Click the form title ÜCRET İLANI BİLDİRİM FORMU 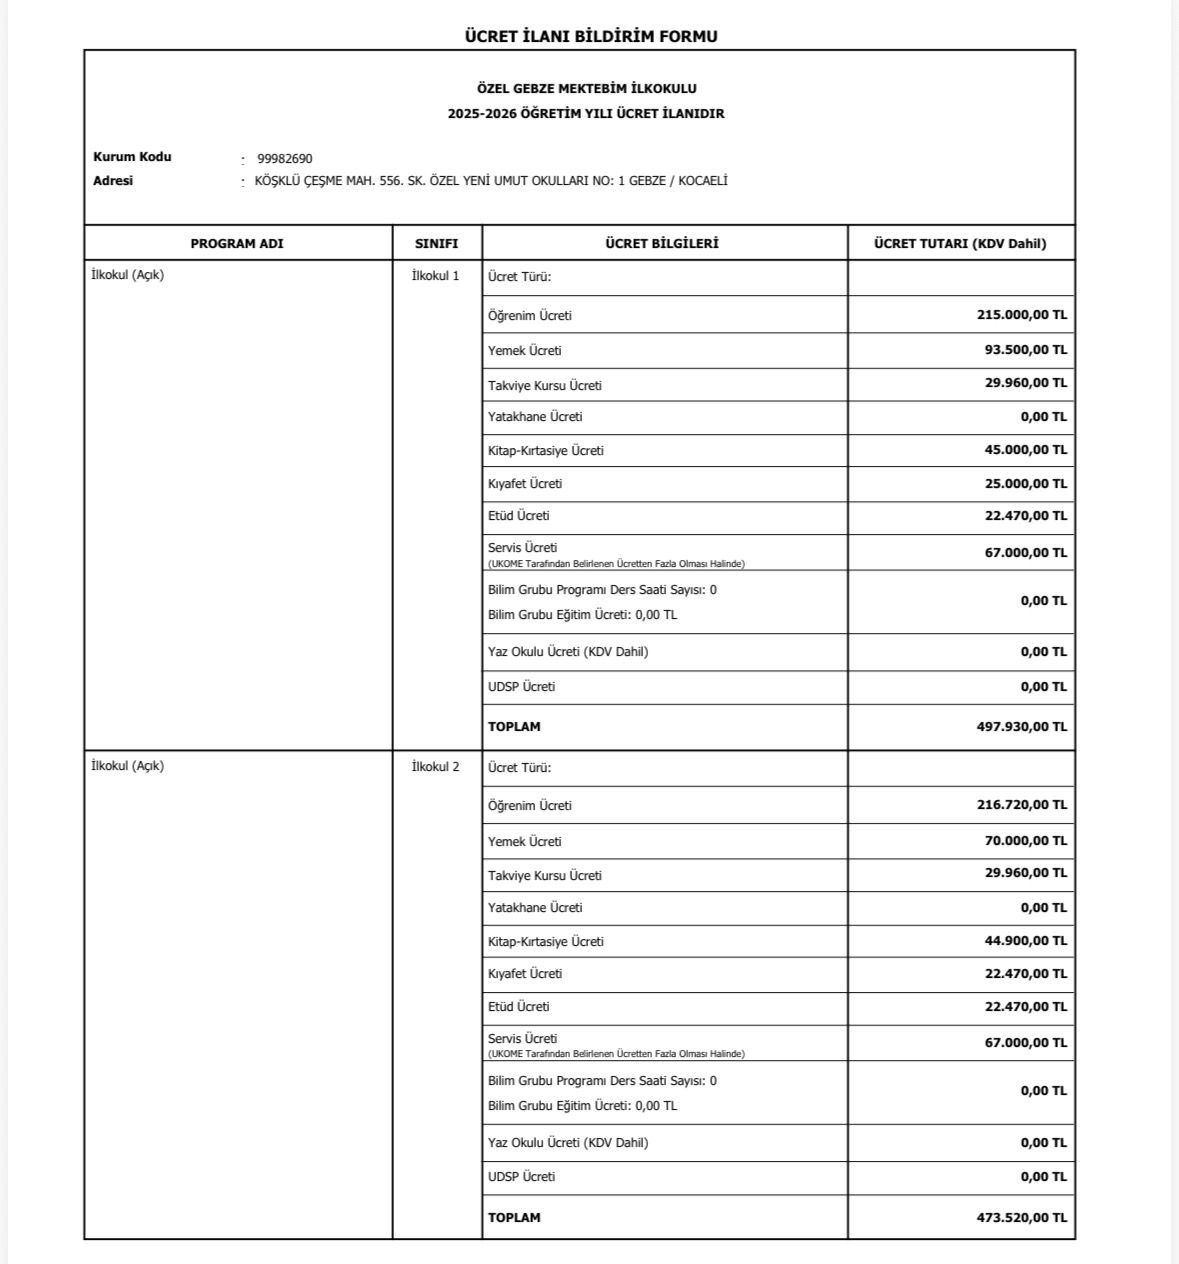(x=591, y=37)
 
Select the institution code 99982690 (x=285, y=159)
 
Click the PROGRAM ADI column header (x=237, y=244)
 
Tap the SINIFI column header (x=437, y=244)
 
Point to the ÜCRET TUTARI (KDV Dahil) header (x=960, y=244)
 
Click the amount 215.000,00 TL (x=1021, y=315)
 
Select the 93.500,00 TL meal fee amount (x=1025, y=350)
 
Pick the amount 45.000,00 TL (x=1025, y=450)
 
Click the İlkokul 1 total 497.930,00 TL (x=1021, y=727)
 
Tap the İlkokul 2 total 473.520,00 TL (x=1021, y=1218)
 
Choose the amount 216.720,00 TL (x=1021, y=805)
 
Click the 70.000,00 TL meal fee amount (x=1025, y=841)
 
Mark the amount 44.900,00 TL (x=1025, y=941)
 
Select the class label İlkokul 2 (x=436, y=767)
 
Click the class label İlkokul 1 (x=436, y=276)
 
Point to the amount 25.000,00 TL (x=1025, y=484)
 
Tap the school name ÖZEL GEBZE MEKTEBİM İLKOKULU (x=587, y=89)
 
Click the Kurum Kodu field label (x=132, y=157)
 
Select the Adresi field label (x=113, y=181)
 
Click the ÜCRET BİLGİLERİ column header (x=662, y=244)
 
